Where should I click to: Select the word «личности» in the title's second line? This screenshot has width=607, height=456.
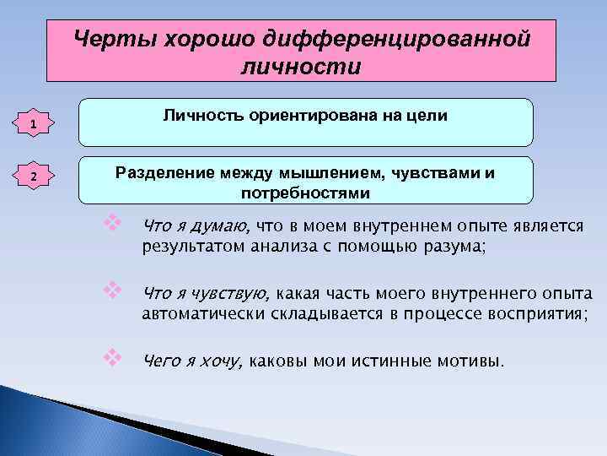click(301, 65)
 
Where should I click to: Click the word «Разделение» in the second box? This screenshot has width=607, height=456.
click(158, 172)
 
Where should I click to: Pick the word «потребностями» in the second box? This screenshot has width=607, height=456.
click(305, 193)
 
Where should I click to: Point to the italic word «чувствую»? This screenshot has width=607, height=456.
click(233, 294)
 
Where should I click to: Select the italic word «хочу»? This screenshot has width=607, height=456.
click(222, 362)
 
